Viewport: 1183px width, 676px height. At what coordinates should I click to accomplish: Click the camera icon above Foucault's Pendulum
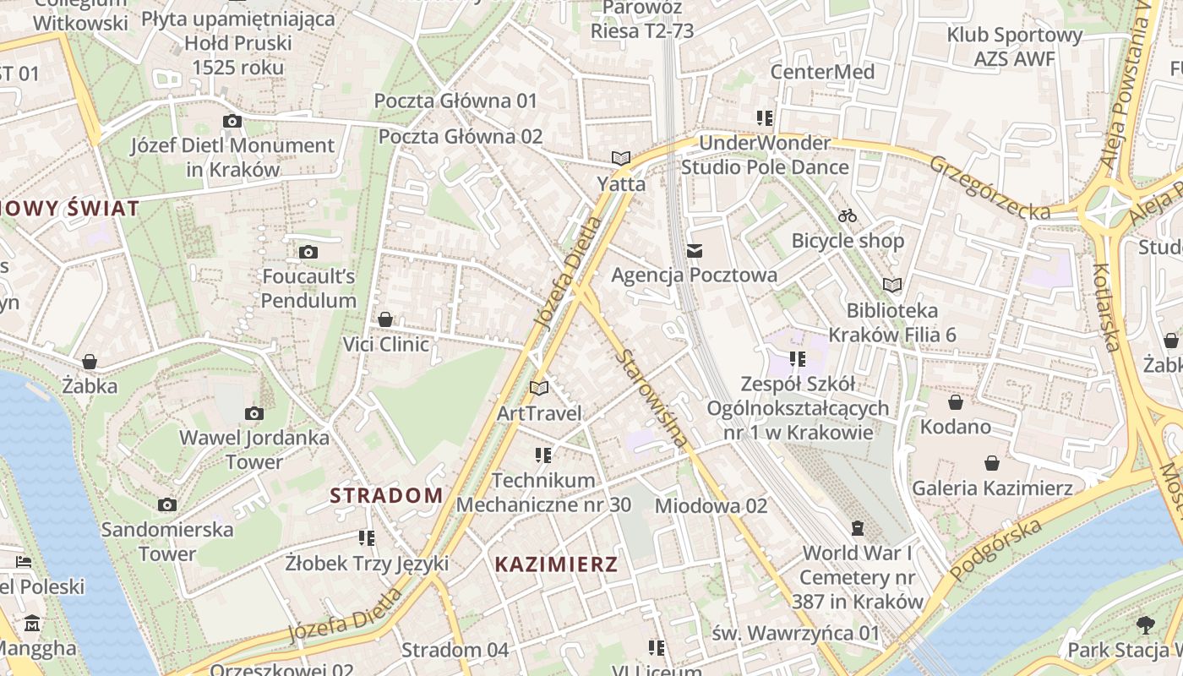pyautogui.click(x=308, y=252)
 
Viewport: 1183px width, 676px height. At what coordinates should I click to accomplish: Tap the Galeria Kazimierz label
pyautogui.click(x=992, y=488)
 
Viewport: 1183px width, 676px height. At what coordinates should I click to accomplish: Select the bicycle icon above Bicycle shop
pyautogui.click(x=848, y=215)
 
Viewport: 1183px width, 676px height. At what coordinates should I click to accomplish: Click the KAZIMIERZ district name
pyautogui.click(x=556, y=564)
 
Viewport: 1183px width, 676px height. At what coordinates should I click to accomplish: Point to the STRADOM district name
pyautogui.click(x=386, y=495)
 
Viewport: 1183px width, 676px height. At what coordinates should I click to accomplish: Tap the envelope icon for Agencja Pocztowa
pyautogui.click(x=695, y=250)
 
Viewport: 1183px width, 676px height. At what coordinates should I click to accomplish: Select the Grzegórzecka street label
pyautogui.click(x=989, y=187)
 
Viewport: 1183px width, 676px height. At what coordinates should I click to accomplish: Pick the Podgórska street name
pyautogui.click(x=995, y=550)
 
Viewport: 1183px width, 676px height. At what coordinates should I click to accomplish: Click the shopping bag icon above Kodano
pyautogui.click(x=956, y=402)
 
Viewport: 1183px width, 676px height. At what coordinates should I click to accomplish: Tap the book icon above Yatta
pyautogui.click(x=621, y=158)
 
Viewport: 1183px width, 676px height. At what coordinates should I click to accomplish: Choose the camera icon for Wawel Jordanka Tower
pyautogui.click(x=253, y=413)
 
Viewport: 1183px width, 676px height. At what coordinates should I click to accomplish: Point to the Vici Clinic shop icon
pyautogui.click(x=385, y=319)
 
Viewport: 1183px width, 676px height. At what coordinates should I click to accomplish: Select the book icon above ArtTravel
pyautogui.click(x=538, y=388)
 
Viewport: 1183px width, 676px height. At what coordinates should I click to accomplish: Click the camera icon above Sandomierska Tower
pyautogui.click(x=167, y=504)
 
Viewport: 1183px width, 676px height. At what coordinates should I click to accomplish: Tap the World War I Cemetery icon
pyautogui.click(x=858, y=528)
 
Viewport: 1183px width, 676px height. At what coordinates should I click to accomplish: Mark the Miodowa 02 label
pyautogui.click(x=711, y=505)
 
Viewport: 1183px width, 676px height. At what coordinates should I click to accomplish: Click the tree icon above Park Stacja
pyautogui.click(x=1146, y=625)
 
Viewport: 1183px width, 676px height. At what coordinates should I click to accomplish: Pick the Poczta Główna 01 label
pyautogui.click(x=455, y=101)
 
